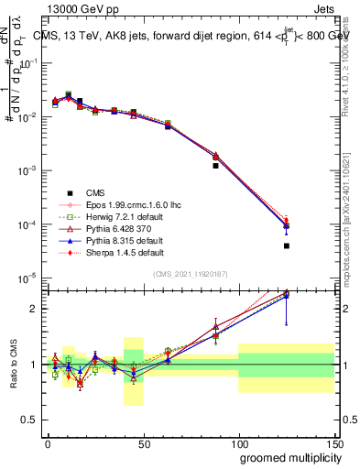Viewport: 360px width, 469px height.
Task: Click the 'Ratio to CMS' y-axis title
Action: click(12, 365)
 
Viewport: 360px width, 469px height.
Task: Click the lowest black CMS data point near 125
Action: click(287, 245)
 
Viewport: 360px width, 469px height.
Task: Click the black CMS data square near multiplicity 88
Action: click(216, 166)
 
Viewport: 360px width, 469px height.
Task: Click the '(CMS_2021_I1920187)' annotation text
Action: click(191, 274)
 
